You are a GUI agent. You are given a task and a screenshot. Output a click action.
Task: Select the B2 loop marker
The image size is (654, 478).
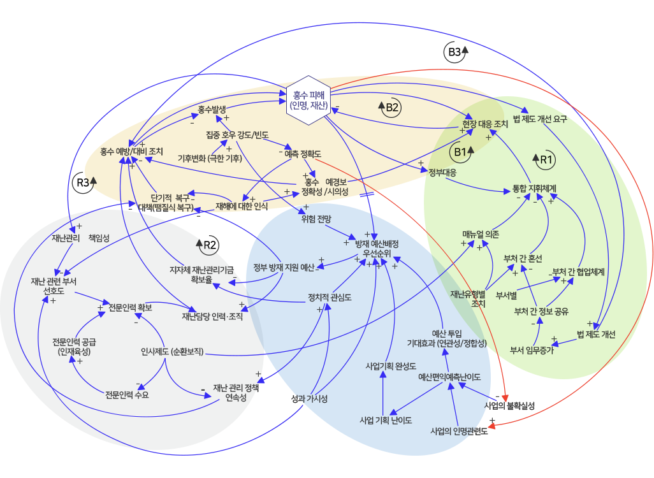389,108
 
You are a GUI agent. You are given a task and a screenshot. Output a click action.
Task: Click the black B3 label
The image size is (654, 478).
455,52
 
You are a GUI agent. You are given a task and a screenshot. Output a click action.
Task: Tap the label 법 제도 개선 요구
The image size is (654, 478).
540,119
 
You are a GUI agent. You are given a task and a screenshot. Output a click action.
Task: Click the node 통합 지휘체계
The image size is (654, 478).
535,189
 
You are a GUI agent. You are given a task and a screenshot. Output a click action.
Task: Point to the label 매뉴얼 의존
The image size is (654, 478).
481,234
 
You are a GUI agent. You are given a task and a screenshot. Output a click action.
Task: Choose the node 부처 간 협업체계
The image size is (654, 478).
578,272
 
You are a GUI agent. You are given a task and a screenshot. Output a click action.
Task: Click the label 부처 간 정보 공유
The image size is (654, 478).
541,312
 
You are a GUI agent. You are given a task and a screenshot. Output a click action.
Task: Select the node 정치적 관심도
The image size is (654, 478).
330,297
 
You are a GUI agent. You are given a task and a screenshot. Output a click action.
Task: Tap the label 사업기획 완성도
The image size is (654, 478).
390,366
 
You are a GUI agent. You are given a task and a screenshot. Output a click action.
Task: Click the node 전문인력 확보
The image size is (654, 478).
130,308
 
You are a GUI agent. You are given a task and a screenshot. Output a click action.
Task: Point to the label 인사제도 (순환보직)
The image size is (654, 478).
172,351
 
